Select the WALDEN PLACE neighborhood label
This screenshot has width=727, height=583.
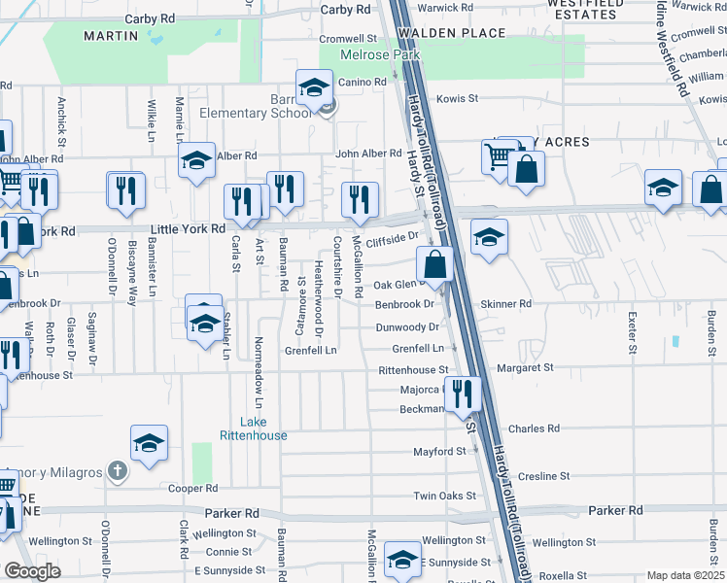(x=451, y=33)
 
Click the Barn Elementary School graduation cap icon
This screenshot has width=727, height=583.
(x=315, y=90)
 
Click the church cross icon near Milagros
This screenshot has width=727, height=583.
(x=118, y=472)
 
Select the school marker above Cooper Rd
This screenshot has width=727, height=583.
(x=150, y=443)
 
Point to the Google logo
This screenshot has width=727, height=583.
(x=32, y=571)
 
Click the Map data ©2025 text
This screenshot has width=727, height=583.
(x=685, y=575)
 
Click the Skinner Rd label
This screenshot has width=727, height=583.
(x=510, y=304)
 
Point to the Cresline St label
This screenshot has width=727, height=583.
(x=543, y=476)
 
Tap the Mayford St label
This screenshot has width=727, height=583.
(x=439, y=452)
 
